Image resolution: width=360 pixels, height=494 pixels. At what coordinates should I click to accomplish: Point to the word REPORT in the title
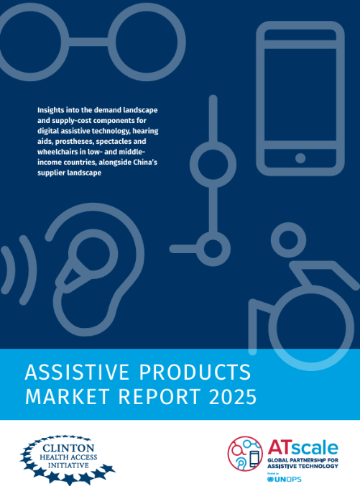[x=153, y=397]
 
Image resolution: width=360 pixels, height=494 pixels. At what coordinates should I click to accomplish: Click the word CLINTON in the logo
[x=68, y=447]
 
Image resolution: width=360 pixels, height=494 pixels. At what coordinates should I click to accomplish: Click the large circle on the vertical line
[x=213, y=160]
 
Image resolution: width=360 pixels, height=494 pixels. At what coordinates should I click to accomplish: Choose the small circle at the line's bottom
[x=213, y=249]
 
